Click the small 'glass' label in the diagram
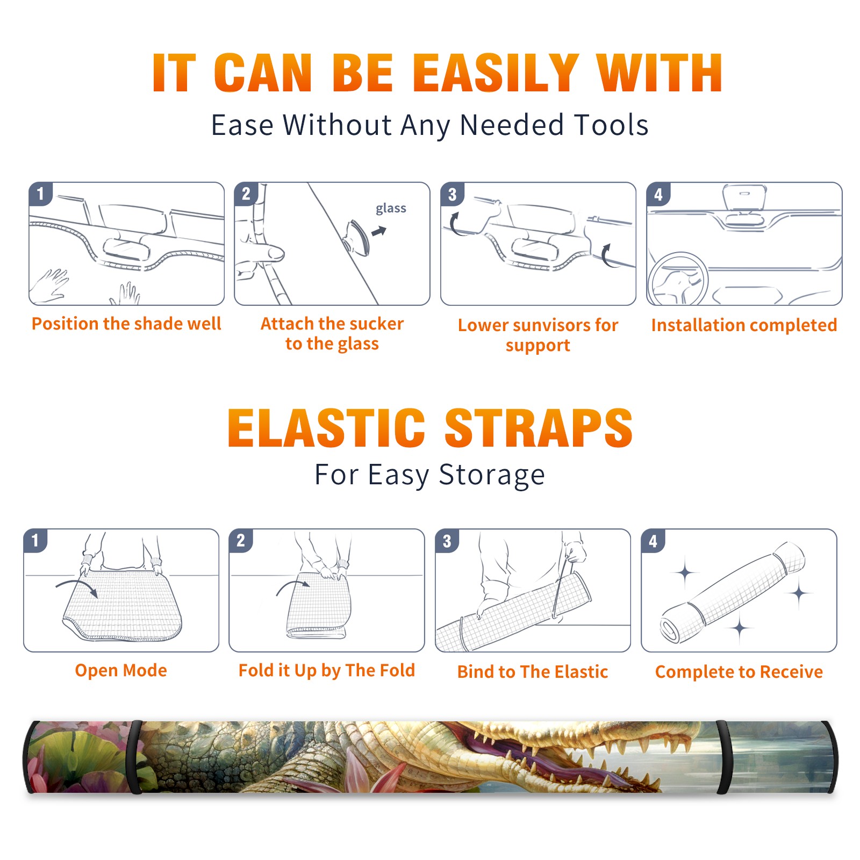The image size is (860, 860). click(391, 208)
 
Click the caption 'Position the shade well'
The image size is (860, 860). click(126, 324)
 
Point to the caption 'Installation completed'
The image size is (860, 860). click(744, 325)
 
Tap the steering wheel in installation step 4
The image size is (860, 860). click(678, 279)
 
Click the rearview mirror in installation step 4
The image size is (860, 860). click(744, 198)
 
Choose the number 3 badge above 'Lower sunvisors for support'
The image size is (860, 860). click(452, 194)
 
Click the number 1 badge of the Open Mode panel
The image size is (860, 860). click(35, 540)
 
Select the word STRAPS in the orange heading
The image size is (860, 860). click(539, 428)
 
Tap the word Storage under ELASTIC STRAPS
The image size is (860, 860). click(492, 475)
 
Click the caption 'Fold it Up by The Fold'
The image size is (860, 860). click(326, 670)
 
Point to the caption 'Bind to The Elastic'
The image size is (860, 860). click(532, 671)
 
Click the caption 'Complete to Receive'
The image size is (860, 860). click(739, 671)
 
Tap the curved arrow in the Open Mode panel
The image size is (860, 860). click(77, 586)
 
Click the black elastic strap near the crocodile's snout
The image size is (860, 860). click(724, 757)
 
